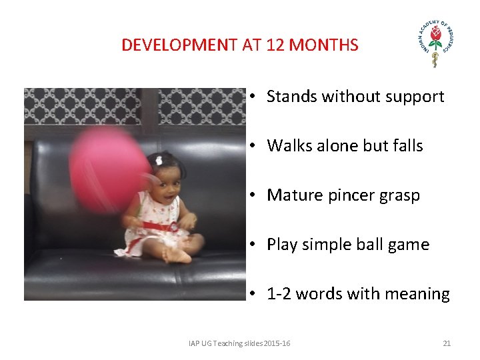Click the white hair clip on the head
[159, 160]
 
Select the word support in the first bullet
[415, 97]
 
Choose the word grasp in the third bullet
[399, 196]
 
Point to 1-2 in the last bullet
[279, 294]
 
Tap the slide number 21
[447, 343]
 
